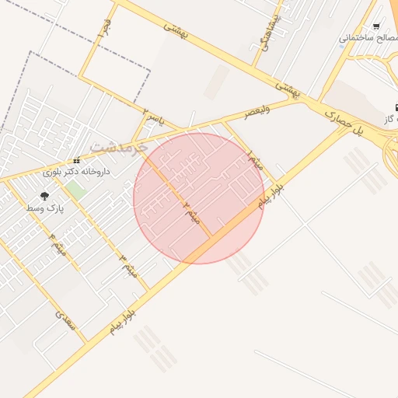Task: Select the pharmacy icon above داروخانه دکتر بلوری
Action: (x=76, y=161)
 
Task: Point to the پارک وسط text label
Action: (x=45, y=208)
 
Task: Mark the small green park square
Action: (x=75, y=189)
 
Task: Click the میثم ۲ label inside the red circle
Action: (x=192, y=211)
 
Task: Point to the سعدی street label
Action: (x=66, y=319)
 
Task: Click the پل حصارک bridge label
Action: (x=344, y=123)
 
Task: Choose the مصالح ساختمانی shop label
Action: (x=368, y=37)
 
